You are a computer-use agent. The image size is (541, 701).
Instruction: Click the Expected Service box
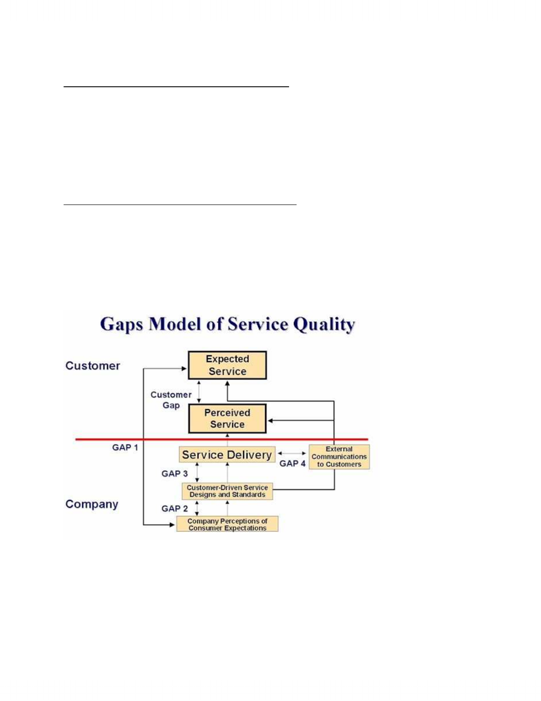(x=228, y=365)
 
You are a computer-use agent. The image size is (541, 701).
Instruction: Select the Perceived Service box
(x=228, y=419)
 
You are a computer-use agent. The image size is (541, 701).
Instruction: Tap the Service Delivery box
(x=227, y=454)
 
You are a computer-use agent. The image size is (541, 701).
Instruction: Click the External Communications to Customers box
(x=339, y=457)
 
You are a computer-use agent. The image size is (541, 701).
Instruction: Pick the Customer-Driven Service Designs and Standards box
(x=228, y=491)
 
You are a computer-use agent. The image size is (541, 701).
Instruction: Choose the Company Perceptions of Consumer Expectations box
(x=228, y=524)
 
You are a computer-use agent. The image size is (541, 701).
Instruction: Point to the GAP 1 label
(x=125, y=448)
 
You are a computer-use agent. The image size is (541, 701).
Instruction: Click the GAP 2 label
(x=175, y=509)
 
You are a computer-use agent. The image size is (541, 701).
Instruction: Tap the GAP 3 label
(x=175, y=474)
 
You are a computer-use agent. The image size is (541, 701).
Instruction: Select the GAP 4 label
(x=293, y=463)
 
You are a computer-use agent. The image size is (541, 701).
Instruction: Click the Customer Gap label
(x=171, y=400)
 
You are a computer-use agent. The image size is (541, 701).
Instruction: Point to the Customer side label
(x=92, y=366)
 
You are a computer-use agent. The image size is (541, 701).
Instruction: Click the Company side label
(x=92, y=504)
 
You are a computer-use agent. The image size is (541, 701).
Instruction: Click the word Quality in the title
(x=324, y=325)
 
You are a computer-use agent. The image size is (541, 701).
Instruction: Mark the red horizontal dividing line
(x=222, y=439)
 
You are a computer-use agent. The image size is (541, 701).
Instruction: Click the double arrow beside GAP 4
(x=292, y=453)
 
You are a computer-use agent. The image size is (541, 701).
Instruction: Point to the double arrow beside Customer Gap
(x=199, y=392)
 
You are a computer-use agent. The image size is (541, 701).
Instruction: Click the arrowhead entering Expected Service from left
(x=184, y=369)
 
